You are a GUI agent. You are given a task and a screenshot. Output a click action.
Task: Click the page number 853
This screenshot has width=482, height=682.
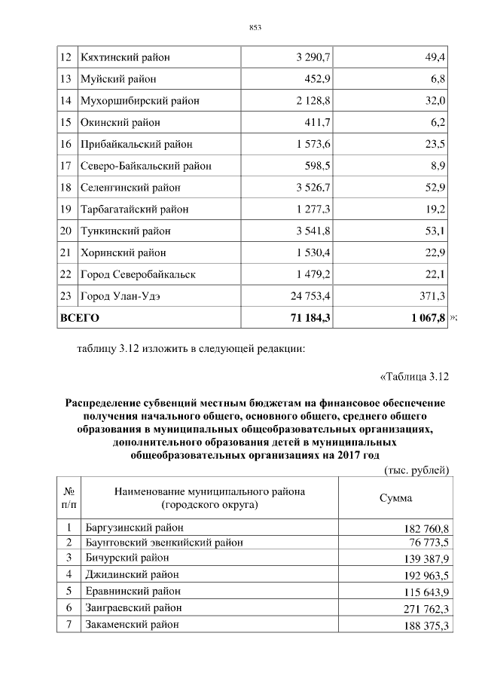point(255,28)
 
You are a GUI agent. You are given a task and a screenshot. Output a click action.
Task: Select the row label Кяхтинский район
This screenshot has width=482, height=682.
point(125,57)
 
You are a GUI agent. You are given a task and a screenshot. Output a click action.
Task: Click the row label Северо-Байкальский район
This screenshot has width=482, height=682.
point(145,166)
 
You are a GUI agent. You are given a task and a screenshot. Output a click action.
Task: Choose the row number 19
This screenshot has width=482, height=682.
point(65,209)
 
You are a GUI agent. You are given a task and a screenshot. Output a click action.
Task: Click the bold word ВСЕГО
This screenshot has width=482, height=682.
point(79,318)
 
